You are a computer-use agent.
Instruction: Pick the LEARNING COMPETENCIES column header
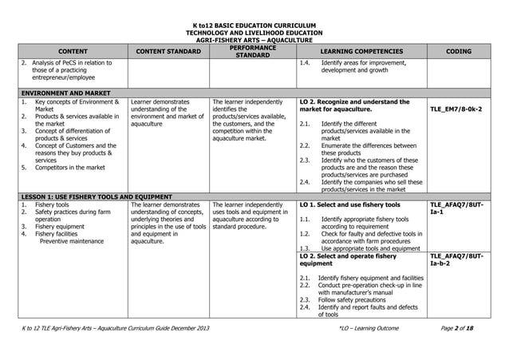361,51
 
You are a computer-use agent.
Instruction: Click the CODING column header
459,51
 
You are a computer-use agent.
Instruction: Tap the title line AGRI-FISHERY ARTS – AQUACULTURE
254,39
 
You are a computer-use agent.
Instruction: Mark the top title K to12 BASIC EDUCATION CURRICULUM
254,25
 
